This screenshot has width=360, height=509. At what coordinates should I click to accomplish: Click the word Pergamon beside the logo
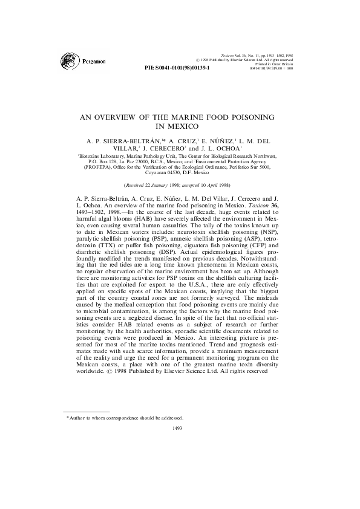(95, 62)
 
